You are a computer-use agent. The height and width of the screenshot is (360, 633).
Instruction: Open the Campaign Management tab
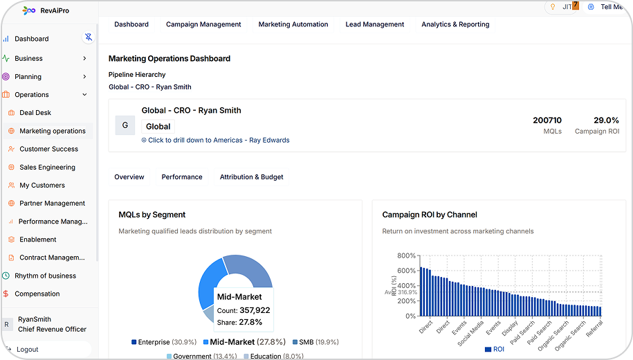tap(203, 24)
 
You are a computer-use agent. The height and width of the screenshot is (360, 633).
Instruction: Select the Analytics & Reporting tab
tap(455, 24)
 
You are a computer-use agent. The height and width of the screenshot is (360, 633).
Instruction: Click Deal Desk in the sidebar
tap(35, 113)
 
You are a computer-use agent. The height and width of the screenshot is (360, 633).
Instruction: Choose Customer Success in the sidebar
tap(48, 149)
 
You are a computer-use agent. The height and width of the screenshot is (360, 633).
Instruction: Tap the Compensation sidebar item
tap(37, 294)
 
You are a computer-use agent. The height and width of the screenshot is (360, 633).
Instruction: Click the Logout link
tap(28, 350)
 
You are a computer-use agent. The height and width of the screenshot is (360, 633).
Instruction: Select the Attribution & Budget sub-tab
tap(251, 177)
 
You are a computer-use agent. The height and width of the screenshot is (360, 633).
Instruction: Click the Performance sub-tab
tap(182, 177)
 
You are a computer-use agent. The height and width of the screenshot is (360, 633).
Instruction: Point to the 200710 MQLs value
tap(547, 120)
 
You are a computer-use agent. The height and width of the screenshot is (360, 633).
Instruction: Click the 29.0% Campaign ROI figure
tap(606, 120)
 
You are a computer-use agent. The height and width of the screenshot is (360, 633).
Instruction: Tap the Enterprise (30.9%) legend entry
tap(164, 342)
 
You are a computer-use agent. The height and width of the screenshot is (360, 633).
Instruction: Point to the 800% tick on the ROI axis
tap(406, 255)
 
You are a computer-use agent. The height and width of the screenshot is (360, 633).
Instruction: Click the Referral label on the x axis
tap(594, 328)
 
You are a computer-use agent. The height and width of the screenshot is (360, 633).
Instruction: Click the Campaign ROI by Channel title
tap(430, 215)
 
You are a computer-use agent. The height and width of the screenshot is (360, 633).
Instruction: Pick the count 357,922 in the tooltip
tap(255, 310)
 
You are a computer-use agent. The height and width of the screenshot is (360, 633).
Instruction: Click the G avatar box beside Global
tap(125, 125)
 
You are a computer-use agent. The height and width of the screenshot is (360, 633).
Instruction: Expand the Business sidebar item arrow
tap(84, 59)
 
